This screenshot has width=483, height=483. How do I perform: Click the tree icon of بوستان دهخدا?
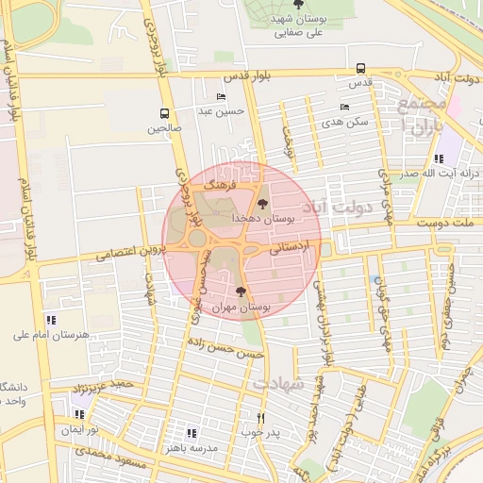point(261,203)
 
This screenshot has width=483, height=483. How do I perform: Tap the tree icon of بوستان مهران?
point(241,292)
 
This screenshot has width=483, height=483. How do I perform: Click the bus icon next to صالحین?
point(165,113)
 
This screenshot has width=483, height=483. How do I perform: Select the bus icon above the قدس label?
point(361,68)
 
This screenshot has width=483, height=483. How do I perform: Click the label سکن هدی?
point(343,122)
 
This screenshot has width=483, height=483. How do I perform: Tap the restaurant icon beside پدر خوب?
point(261,417)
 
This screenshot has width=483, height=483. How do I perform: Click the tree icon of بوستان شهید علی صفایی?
point(298,5)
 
